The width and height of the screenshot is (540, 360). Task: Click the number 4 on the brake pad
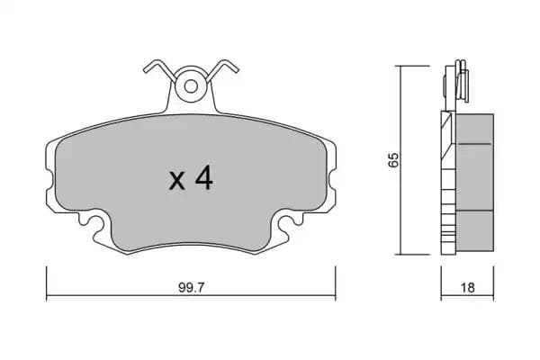tap(203, 179)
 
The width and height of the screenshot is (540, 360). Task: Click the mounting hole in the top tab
tap(191, 86)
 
